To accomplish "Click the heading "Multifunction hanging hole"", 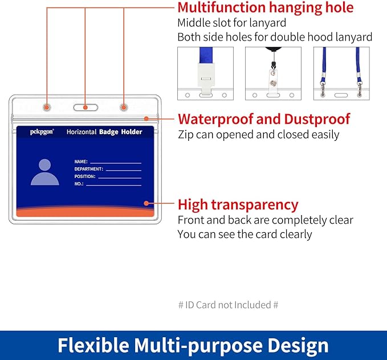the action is tap(266, 8).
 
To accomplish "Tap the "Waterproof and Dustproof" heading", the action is tap(264, 119).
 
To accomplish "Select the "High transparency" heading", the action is tap(238, 205).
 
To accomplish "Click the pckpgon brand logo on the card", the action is tap(42, 132).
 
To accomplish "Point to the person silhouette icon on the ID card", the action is tap(45, 172).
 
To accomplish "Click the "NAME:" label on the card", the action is tap(81, 161).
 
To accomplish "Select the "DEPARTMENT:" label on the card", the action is tap(89, 169).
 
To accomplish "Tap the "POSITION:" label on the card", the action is tap(85, 176).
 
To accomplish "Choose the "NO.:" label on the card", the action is tap(79, 184).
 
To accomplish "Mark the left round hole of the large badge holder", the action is tap(47, 107).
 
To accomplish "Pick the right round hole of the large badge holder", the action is tap(124, 107).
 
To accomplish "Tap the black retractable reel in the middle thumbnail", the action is tap(274, 50).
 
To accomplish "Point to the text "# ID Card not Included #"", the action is tap(229, 305).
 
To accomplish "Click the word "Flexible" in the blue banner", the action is tap(93, 345).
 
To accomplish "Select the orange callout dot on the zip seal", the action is tap(146, 119).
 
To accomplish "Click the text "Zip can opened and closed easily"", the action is tap(258, 135).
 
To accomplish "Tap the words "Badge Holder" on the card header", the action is tap(121, 132).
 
